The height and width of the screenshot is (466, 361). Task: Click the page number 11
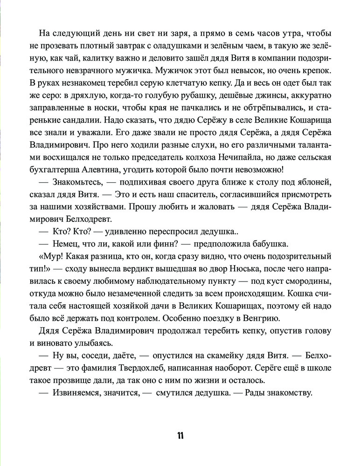click(x=180, y=436)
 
